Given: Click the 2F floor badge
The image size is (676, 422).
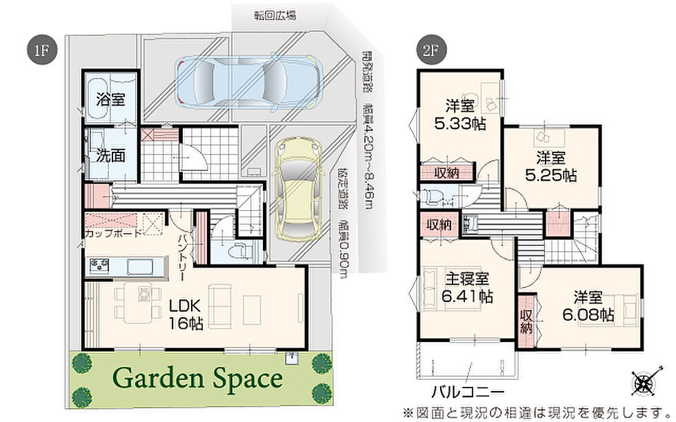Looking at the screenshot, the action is tap(431, 50).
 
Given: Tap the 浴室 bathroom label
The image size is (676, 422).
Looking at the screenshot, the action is tap(111, 99).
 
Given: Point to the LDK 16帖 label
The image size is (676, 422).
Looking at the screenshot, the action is tap(186, 314).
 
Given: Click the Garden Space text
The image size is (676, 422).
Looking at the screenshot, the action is tap(197, 379).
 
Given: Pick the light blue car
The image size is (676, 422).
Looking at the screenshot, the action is tap(249, 81).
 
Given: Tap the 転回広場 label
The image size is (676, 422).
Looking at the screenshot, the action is tap(275, 16).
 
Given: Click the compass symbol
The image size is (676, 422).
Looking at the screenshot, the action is tap(646, 381).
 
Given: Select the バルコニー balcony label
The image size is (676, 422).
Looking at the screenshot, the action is tap(468, 392).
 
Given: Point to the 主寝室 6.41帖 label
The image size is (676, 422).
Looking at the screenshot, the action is tap(468, 288).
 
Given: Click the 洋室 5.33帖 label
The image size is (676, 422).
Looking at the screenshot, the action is tap(460, 115).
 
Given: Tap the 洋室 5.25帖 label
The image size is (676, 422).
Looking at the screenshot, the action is tap(550, 167).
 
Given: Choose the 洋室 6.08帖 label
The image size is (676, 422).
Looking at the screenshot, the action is tap(588, 306).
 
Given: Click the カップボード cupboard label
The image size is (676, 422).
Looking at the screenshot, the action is tap(113, 234).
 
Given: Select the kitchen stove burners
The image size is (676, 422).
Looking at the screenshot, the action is tap(99, 264).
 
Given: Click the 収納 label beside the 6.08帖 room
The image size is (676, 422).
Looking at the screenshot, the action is tap(526, 321).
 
